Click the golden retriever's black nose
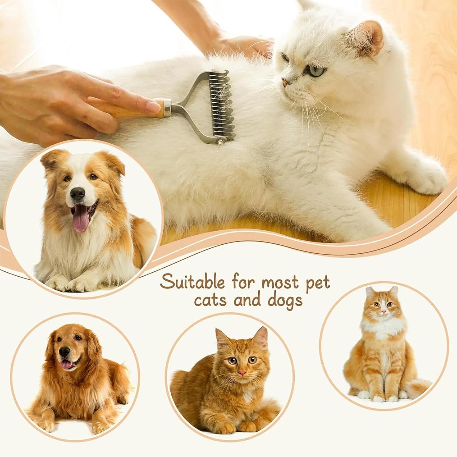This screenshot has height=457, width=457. [64, 352]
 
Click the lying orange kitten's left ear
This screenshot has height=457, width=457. [222, 338]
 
